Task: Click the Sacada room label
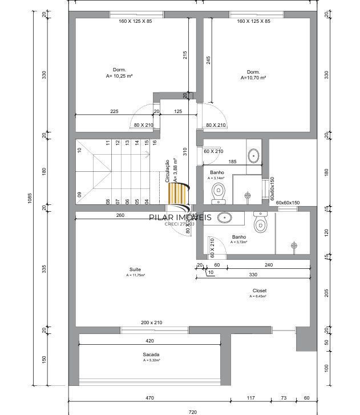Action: [151, 354]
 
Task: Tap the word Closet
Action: [259, 291]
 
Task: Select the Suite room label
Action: [135, 269]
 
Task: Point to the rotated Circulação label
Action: [167, 171]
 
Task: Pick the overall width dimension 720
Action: [192, 410]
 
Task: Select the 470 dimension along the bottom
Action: [150, 397]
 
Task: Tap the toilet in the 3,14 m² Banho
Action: [218, 194]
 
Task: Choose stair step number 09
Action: [79, 195]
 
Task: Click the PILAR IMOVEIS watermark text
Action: [180, 217]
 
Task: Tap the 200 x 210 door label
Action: [151, 323]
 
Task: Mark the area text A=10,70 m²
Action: [253, 78]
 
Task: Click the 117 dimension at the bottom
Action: [250, 397]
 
